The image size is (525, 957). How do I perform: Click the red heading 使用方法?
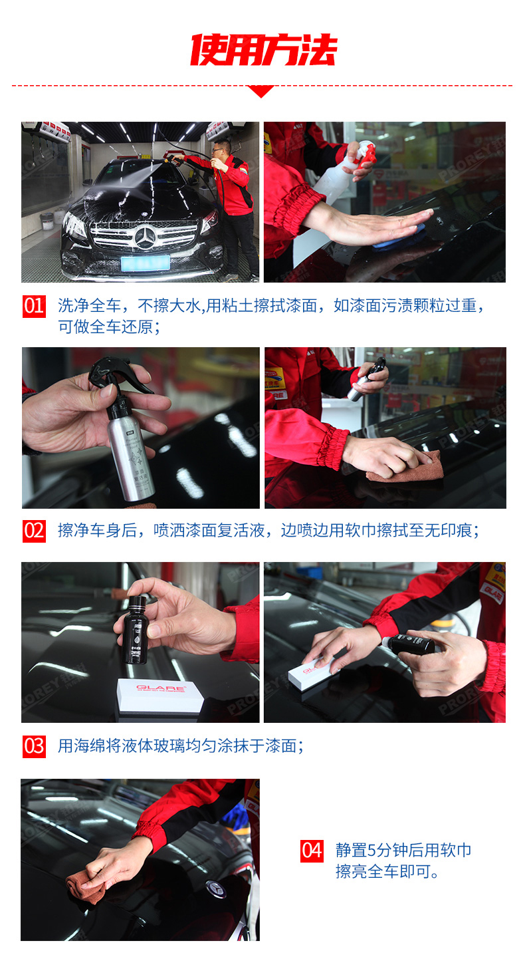pos(263,50)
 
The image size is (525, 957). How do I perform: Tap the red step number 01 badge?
pos(34,306)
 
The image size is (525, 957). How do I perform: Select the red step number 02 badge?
pos(34,531)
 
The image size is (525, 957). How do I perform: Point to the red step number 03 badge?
pos(34,746)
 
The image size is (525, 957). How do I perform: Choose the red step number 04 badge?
pos(312,850)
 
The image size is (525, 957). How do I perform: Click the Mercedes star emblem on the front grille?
pos(144,237)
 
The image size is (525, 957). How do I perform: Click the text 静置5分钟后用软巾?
pos(403,850)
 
